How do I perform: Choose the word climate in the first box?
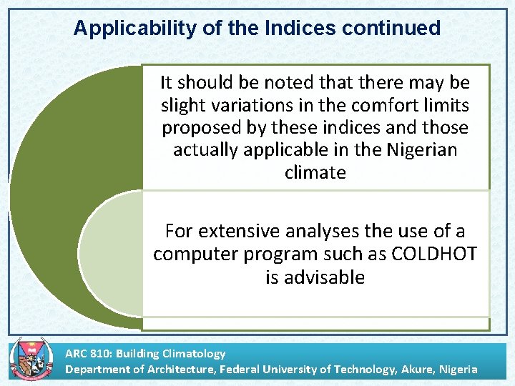[x=315, y=172]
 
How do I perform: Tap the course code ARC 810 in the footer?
[x=89, y=353]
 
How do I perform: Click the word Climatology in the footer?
[x=193, y=353]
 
